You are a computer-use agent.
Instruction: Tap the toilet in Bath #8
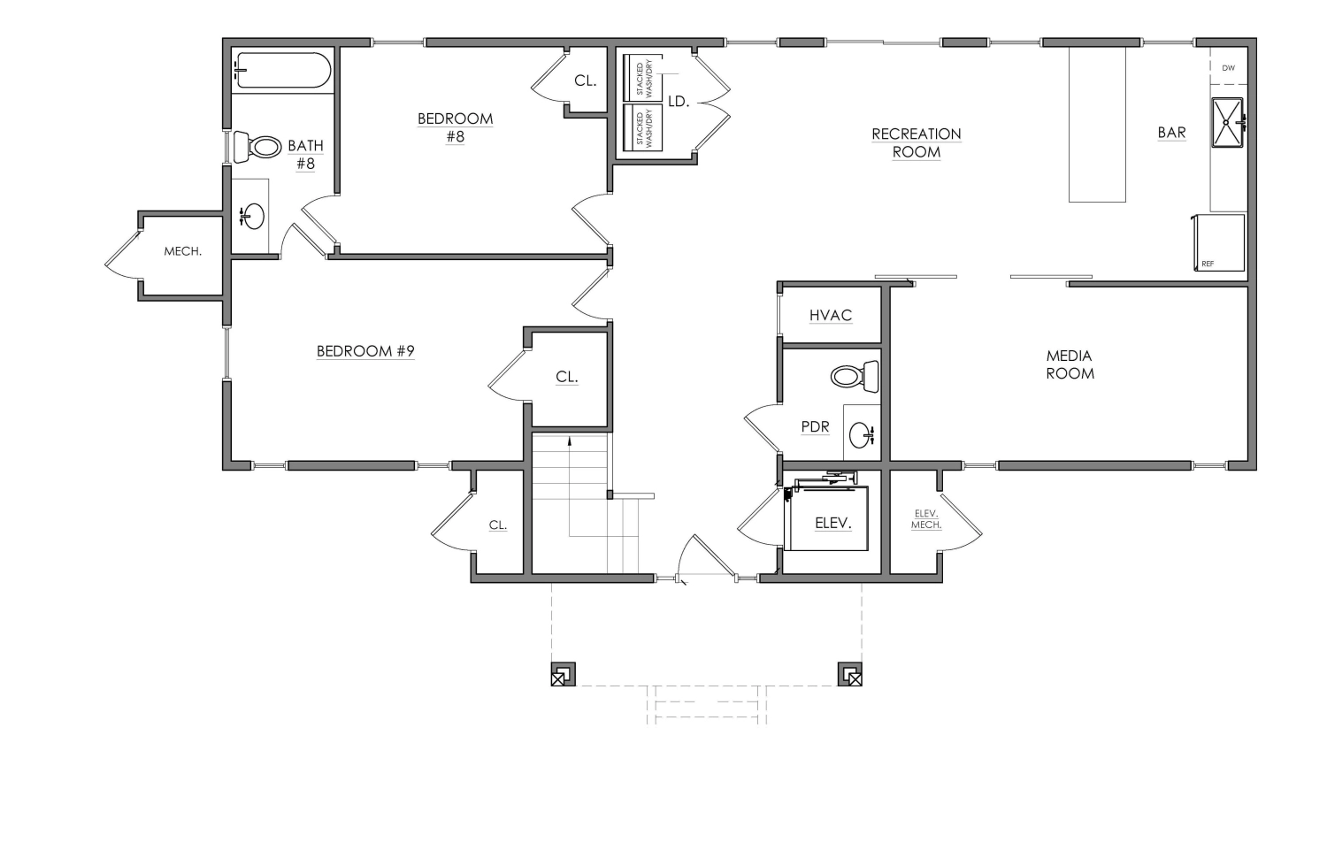pyautogui.click(x=257, y=147)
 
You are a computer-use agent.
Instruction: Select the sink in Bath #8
pyautogui.click(x=253, y=216)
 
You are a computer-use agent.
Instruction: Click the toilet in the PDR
pyautogui.click(x=855, y=376)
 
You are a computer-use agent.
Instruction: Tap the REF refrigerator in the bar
pyautogui.click(x=1219, y=242)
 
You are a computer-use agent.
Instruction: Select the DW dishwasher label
pyautogui.click(x=1228, y=68)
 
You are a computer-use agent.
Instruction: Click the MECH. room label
pyautogui.click(x=182, y=252)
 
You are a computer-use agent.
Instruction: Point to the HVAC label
pyautogui.click(x=831, y=316)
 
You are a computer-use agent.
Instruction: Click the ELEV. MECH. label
pyautogui.click(x=926, y=519)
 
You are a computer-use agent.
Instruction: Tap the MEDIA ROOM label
pyautogui.click(x=1070, y=364)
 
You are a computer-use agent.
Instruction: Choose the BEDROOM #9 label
pyautogui.click(x=365, y=351)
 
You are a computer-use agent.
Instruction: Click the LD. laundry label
pyautogui.click(x=679, y=102)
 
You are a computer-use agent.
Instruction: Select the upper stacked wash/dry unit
pyautogui.click(x=643, y=78)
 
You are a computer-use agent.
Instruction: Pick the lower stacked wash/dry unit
pyautogui.click(x=643, y=127)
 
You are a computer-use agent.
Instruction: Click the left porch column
pyautogui.click(x=563, y=674)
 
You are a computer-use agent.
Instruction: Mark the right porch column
pyautogui.click(x=849, y=674)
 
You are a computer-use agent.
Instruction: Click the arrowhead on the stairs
pyautogui.click(x=570, y=440)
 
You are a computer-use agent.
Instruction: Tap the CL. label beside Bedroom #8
pyautogui.click(x=586, y=81)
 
